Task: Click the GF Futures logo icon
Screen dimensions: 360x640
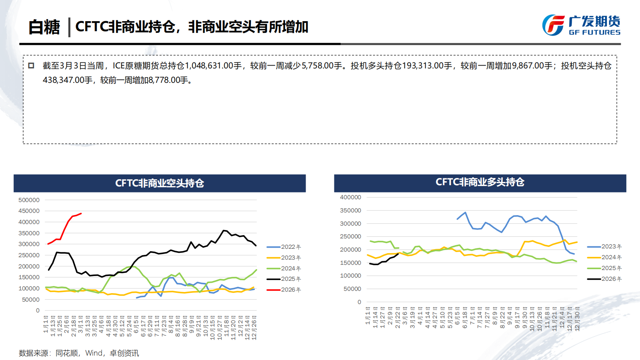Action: (553, 25)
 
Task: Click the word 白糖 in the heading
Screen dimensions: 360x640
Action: (44, 27)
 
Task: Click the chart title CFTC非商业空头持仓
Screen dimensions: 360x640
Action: (160, 183)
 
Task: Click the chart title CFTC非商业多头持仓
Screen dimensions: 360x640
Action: (480, 182)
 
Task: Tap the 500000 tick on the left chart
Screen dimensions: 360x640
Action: (29, 200)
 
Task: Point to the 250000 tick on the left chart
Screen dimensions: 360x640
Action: (29, 255)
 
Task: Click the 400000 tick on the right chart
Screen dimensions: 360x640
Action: (350, 197)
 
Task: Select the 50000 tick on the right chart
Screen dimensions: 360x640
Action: (352, 289)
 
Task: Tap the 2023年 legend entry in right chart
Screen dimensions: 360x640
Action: (604, 246)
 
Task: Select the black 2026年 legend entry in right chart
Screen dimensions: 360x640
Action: (604, 279)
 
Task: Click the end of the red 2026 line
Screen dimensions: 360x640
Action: (81, 214)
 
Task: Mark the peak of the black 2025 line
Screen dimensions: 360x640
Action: (224, 230)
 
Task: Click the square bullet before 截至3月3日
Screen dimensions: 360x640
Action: (31, 66)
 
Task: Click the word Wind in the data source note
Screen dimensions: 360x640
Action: (94, 353)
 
